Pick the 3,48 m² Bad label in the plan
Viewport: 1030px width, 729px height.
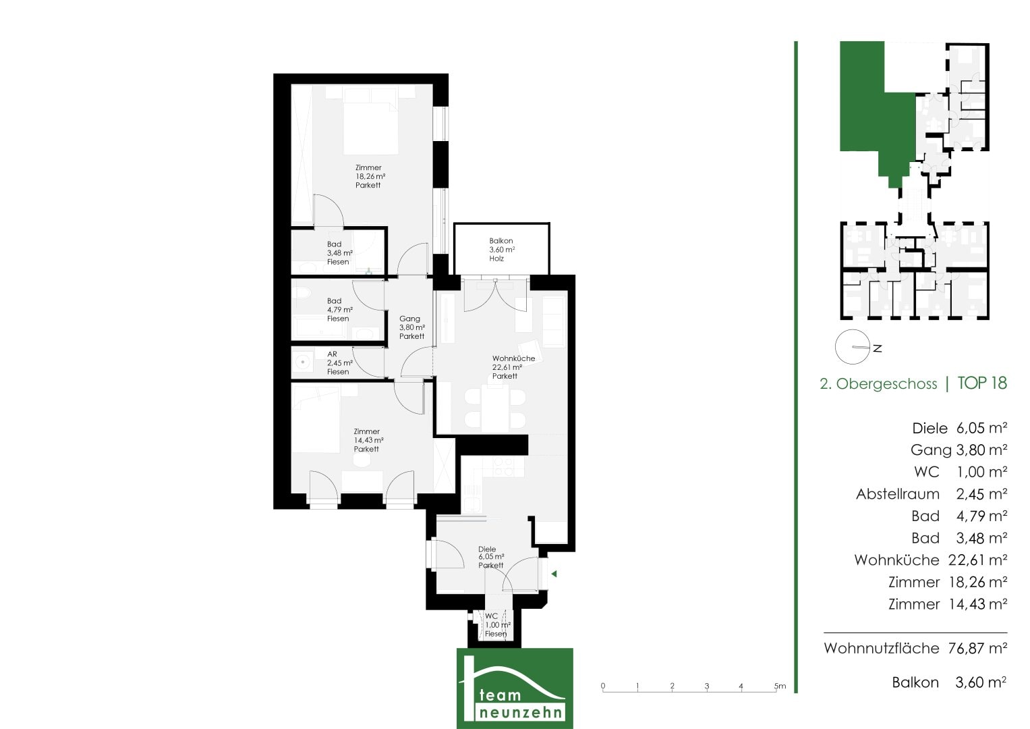pos(340,252)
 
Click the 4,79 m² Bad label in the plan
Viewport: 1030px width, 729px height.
pos(340,309)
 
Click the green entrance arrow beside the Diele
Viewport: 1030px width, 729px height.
pos(554,574)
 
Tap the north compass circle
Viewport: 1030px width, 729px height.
pos(852,347)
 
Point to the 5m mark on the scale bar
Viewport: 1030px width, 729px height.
pos(780,686)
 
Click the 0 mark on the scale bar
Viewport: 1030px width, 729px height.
pos(603,686)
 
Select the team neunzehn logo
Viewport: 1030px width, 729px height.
pos(515,688)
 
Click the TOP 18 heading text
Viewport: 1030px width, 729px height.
pos(982,383)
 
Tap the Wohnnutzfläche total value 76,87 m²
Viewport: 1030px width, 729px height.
pos(977,648)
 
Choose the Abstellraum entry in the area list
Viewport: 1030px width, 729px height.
pos(898,494)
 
